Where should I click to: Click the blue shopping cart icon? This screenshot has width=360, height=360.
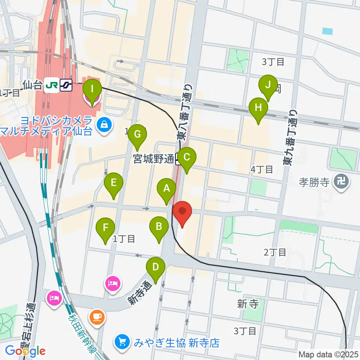[x=122, y=342]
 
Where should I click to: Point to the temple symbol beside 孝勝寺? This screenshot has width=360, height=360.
[x=342, y=183]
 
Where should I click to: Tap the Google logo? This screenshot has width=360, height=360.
[x=25, y=351]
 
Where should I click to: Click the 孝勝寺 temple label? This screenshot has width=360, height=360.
[x=314, y=183]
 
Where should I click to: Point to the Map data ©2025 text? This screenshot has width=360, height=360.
[x=328, y=354]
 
